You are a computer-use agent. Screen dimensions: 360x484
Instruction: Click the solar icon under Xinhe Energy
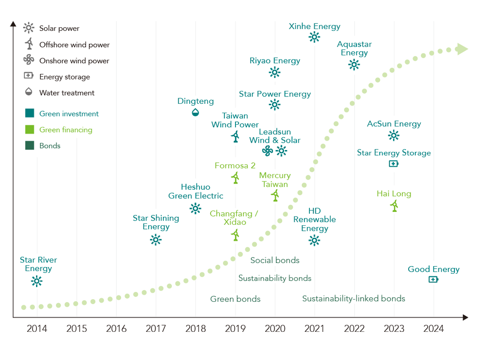coord(315,37)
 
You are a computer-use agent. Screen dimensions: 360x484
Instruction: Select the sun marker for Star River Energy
coord(37,281)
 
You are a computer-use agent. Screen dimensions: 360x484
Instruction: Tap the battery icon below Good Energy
coord(433,279)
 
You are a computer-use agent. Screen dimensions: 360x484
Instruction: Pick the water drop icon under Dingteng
coord(195,112)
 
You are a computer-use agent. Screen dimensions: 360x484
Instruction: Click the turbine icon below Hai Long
coord(394,206)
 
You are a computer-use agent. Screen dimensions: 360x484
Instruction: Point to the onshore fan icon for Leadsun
coord(267,150)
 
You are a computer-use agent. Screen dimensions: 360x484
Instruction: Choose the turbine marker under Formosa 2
coord(236,178)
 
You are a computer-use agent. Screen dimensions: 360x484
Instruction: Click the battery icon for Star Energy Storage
coord(393,163)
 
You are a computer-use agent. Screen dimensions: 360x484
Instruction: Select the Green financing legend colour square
coord(30,130)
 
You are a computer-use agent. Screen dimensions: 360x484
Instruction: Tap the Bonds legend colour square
coord(30,146)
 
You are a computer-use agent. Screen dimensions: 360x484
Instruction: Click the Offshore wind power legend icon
coord(29,44)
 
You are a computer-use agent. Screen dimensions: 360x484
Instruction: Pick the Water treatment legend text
coord(67,93)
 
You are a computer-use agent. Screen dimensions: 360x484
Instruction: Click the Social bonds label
coord(275,260)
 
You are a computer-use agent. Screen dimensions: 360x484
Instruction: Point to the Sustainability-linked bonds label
coord(353,299)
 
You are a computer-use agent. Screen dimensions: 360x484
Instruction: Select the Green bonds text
coord(235,299)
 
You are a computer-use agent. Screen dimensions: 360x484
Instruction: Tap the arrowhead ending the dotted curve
coord(463,49)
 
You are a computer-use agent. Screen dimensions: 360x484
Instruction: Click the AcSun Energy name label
coord(394,124)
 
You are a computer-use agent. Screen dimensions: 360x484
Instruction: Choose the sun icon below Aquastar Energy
coord(354,64)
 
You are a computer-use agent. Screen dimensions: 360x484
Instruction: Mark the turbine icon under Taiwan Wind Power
coord(236,136)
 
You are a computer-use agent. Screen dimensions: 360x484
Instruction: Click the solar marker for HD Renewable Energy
coord(314,240)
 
